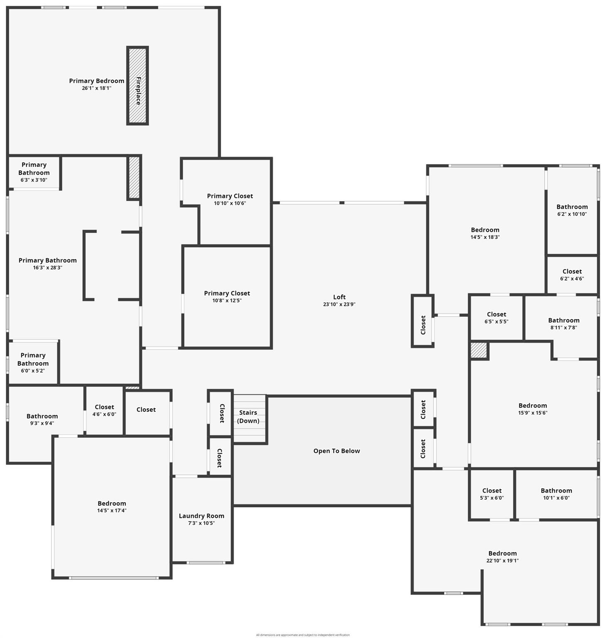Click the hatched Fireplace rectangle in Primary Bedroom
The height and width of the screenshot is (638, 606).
pyautogui.click(x=137, y=86)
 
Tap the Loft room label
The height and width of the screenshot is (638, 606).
pyautogui.click(x=339, y=297)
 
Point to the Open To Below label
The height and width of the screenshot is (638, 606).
pyautogui.click(x=336, y=451)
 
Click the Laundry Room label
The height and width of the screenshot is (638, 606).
pyautogui.click(x=201, y=516)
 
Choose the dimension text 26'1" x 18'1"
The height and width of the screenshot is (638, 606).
pyautogui.click(x=96, y=88)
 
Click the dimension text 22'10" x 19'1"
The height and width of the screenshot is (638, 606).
pyautogui.click(x=503, y=561)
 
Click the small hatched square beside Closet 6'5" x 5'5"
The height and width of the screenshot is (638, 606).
pyautogui.click(x=478, y=350)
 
